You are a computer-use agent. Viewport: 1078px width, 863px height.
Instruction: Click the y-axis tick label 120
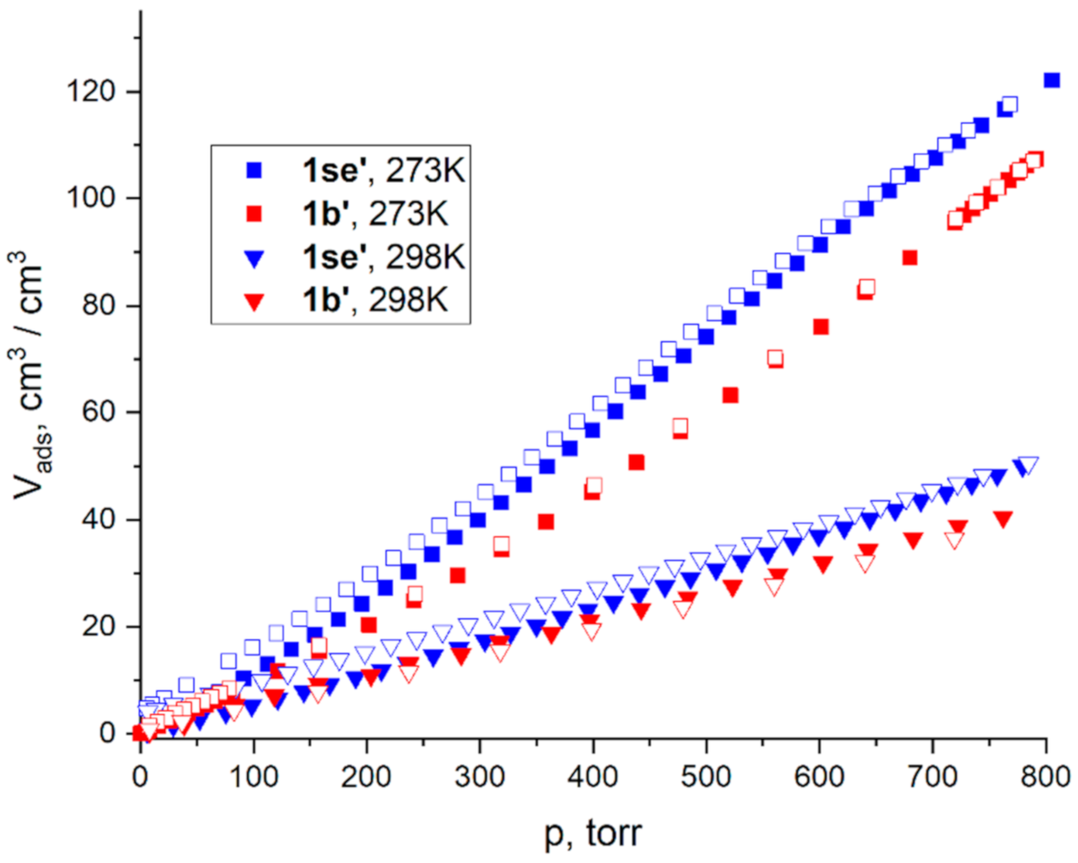pos(92,92)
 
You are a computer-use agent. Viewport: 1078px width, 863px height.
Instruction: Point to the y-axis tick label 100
pos(92,198)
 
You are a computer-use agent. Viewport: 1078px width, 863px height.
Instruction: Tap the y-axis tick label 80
pos(99,305)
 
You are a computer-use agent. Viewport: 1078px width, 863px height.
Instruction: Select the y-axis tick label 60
pos(99,412)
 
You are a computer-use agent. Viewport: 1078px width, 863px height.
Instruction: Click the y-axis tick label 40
pos(99,519)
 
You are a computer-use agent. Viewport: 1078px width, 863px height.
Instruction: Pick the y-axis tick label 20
pos(99,626)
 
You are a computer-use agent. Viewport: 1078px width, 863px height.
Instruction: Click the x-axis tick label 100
pos(254,777)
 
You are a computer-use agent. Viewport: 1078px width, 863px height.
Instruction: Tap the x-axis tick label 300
pos(480,777)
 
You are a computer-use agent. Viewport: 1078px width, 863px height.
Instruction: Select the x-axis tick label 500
pos(706,777)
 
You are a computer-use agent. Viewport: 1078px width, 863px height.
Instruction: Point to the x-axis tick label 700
pos(933,777)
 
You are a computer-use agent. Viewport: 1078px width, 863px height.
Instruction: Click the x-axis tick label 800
pos(1045,777)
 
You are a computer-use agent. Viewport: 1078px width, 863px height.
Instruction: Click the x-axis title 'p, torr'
pos(592,833)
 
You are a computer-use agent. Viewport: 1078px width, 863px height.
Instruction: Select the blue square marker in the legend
pos(254,171)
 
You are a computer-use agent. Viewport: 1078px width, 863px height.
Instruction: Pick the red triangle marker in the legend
pos(254,302)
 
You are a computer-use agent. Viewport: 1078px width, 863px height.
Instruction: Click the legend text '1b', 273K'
pos(375,214)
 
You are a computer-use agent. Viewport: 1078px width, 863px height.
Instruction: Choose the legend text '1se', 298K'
pos(383,258)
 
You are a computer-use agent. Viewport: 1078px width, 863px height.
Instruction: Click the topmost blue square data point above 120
pos(1051,80)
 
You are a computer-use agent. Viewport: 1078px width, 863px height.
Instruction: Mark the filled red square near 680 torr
pos(909,258)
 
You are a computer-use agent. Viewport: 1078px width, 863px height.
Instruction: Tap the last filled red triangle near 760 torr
pos(1002,519)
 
